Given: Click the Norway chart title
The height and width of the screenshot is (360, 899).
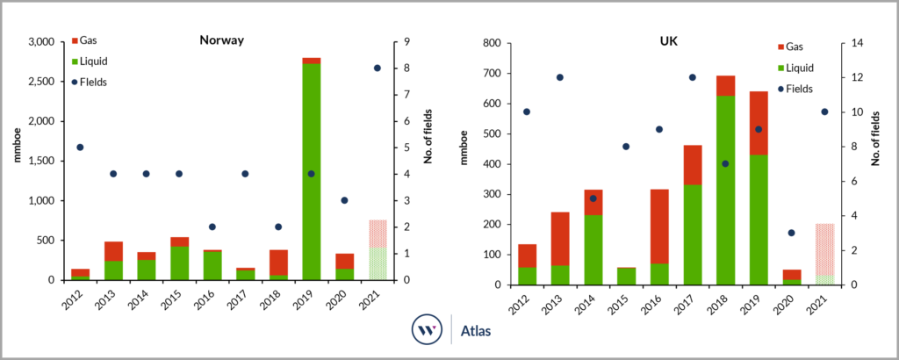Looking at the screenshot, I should pyautogui.click(x=222, y=40).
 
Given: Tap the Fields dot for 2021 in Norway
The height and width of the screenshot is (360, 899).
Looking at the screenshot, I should pyautogui.click(x=377, y=68).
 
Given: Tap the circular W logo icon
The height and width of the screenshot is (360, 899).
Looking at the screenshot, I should pyautogui.click(x=427, y=333).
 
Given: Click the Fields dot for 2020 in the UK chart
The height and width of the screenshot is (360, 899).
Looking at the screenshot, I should pyautogui.click(x=791, y=233).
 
